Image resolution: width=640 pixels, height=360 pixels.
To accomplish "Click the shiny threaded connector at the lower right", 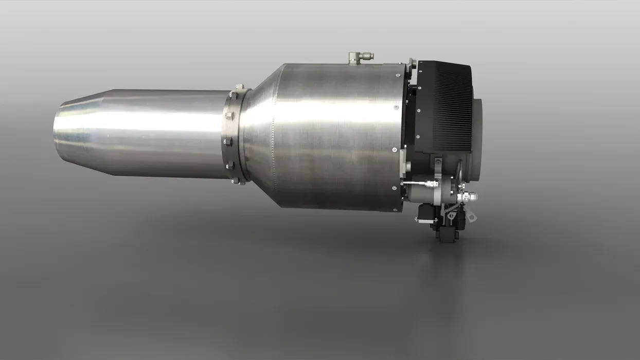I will tap(469, 196).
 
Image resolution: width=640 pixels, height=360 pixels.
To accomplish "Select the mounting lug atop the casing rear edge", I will tap(412, 63).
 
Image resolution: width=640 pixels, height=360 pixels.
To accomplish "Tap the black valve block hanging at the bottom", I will tap(447, 229).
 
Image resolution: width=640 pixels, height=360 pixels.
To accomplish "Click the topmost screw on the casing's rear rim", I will tap(395, 107).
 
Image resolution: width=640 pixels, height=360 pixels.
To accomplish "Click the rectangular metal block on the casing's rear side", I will tap(407, 167).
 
